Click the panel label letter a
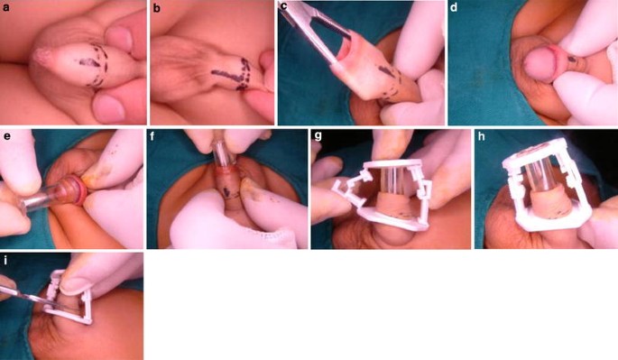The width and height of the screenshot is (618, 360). click(6, 7)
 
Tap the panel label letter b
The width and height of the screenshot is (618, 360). click(157, 8)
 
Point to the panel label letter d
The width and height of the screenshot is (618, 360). click(454, 7)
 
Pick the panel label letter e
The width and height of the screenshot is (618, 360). click(6, 137)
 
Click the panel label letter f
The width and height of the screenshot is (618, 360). click(152, 136)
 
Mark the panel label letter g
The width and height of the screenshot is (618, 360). click(318, 137)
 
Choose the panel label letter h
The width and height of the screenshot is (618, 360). click(481, 136)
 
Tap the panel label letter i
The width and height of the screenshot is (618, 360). click(5, 260)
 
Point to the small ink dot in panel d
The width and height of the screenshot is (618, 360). click(572, 60)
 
